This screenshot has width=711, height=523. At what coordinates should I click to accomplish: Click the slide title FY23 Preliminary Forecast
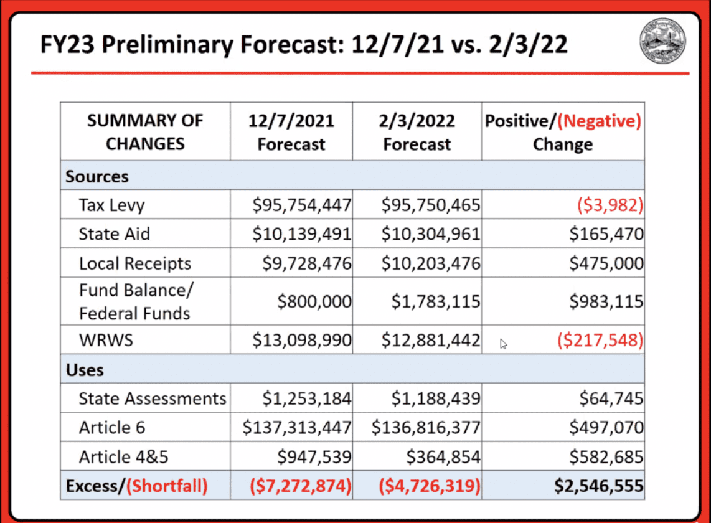[304, 45]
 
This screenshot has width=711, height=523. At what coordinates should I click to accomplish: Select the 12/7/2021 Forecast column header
[291, 132]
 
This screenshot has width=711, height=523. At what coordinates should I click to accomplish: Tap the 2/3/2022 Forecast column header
[417, 132]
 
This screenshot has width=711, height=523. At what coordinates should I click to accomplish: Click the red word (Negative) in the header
[600, 121]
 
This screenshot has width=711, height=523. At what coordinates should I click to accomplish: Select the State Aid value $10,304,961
[431, 234]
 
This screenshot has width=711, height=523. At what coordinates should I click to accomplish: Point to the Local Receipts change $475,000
[606, 263]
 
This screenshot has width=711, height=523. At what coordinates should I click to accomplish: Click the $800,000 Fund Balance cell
[314, 302]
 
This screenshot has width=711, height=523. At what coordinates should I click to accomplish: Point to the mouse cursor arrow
[503, 343]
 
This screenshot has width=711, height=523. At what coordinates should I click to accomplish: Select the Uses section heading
[85, 370]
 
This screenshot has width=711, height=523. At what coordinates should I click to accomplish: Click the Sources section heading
[97, 177]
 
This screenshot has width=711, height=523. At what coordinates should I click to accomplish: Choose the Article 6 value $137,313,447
[298, 428]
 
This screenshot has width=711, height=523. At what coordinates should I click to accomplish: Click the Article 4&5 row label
[123, 457]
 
